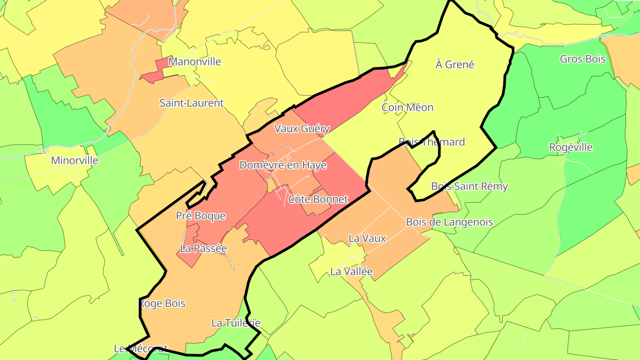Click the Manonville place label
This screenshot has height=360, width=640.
[x=195, y=61]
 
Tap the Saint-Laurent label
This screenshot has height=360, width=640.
[x=192, y=103]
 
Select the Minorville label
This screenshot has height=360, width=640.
[x=75, y=160]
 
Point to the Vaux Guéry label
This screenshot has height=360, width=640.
[x=302, y=129]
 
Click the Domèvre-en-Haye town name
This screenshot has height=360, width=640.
[x=283, y=165]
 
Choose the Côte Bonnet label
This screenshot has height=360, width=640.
[x=318, y=199]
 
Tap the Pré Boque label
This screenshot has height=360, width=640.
[x=201, y=216]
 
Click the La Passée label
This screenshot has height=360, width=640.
[x=203, y=248]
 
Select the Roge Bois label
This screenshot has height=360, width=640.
[x=162, y=304]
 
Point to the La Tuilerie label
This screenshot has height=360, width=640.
[x=236, y=323]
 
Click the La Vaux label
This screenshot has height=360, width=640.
[x=367, y=238]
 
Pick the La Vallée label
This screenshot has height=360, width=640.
[x=352, y=271]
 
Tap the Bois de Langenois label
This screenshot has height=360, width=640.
[x=449, y=222]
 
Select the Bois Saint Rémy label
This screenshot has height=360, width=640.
[x=469, y=186]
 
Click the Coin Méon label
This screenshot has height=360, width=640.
[x=408, y=107]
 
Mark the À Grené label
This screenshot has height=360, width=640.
[x=455, y=64]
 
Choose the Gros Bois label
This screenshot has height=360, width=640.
[x=583, y=59]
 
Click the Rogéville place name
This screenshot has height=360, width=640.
[x=571, y=147]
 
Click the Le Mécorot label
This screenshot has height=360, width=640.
[x=141, y=348]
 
